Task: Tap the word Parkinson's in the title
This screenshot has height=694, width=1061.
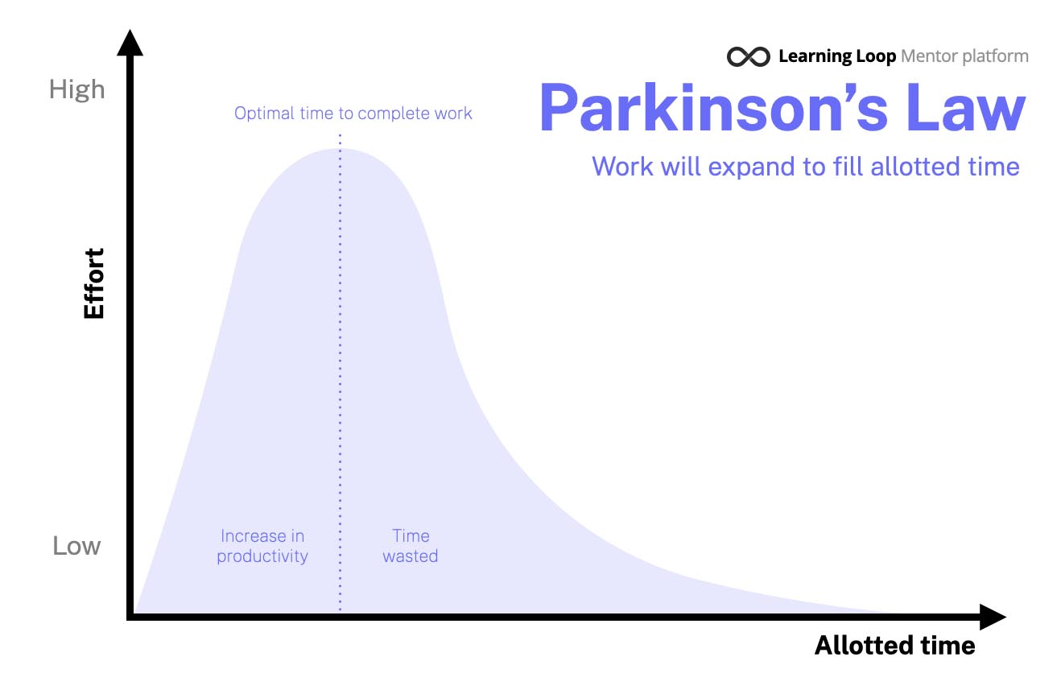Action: point(714,108)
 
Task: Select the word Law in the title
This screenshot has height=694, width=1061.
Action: point(966,108)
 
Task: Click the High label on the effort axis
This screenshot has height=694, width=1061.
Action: point(76,90)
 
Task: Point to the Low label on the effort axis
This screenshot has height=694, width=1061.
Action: point(76,546)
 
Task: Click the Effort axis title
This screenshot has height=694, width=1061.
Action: point(93,283)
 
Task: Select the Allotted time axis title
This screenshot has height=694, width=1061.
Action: point(894,645)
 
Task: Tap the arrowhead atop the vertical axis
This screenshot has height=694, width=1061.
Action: point(130,43)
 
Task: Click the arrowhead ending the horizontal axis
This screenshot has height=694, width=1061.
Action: point(993,617)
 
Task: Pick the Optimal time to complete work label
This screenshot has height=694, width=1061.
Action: point(353,114)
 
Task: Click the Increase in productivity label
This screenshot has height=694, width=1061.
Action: point(262,546)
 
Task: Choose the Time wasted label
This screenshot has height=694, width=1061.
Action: point(411,546)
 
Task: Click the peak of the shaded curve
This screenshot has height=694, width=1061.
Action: point(340,149)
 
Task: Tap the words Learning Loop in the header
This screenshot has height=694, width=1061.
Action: point(837,56)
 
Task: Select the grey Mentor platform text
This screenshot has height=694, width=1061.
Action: point(965,56)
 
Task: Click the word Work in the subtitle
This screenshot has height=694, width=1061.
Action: point(622,167)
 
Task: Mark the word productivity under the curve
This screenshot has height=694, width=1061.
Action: point(262,556)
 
